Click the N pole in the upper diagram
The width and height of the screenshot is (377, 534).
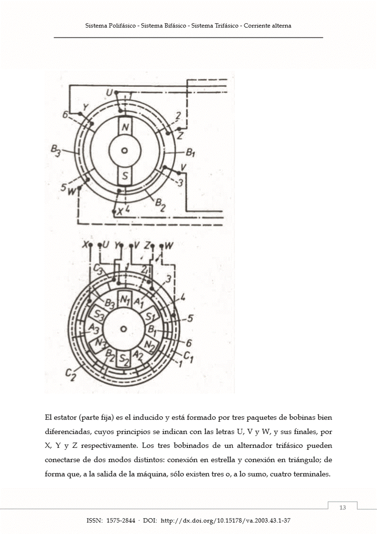pos(125,127)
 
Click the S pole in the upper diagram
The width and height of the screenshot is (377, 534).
pos(125,177)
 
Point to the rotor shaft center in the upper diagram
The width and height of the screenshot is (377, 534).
pos(125,151)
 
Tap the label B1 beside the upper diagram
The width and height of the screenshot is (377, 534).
pos(191,153)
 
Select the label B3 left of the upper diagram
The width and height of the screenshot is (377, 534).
pos(56,152)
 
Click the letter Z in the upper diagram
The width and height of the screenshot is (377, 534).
pos(181,136)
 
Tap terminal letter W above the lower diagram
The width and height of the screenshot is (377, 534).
pos(169,246)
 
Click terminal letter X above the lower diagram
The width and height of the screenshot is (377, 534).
pos(85,245)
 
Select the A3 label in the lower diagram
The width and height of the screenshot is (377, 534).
pos(93,328)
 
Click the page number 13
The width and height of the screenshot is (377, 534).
pos(342,507)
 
